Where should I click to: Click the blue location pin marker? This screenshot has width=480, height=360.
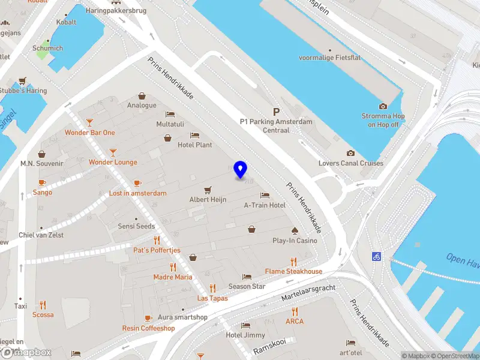(241, 170)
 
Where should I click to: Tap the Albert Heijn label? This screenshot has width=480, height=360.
(208, 199)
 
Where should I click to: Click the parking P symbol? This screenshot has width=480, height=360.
(276, 112)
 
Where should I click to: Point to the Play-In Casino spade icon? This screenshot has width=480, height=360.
(295, 230)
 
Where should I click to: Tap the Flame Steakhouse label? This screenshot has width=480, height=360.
(293, 271)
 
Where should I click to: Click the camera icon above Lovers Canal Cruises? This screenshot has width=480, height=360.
(351, 154)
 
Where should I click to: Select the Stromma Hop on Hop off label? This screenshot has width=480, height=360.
(383, 120)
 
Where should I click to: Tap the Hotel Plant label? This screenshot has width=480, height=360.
(194, 145)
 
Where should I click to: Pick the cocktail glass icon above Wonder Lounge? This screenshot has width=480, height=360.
(113, 152)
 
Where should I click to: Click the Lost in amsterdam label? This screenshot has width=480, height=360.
(137, 193)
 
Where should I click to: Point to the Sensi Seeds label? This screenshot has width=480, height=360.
(137, 226)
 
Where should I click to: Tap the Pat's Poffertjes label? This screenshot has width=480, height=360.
(157, 250)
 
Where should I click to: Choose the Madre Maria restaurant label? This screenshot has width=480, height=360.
(173, 277)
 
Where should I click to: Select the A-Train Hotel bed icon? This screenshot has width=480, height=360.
(265, 196)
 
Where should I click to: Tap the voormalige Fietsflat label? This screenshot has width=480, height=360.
(329, 58)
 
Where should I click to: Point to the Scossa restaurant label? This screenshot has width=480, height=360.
(43, 314)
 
